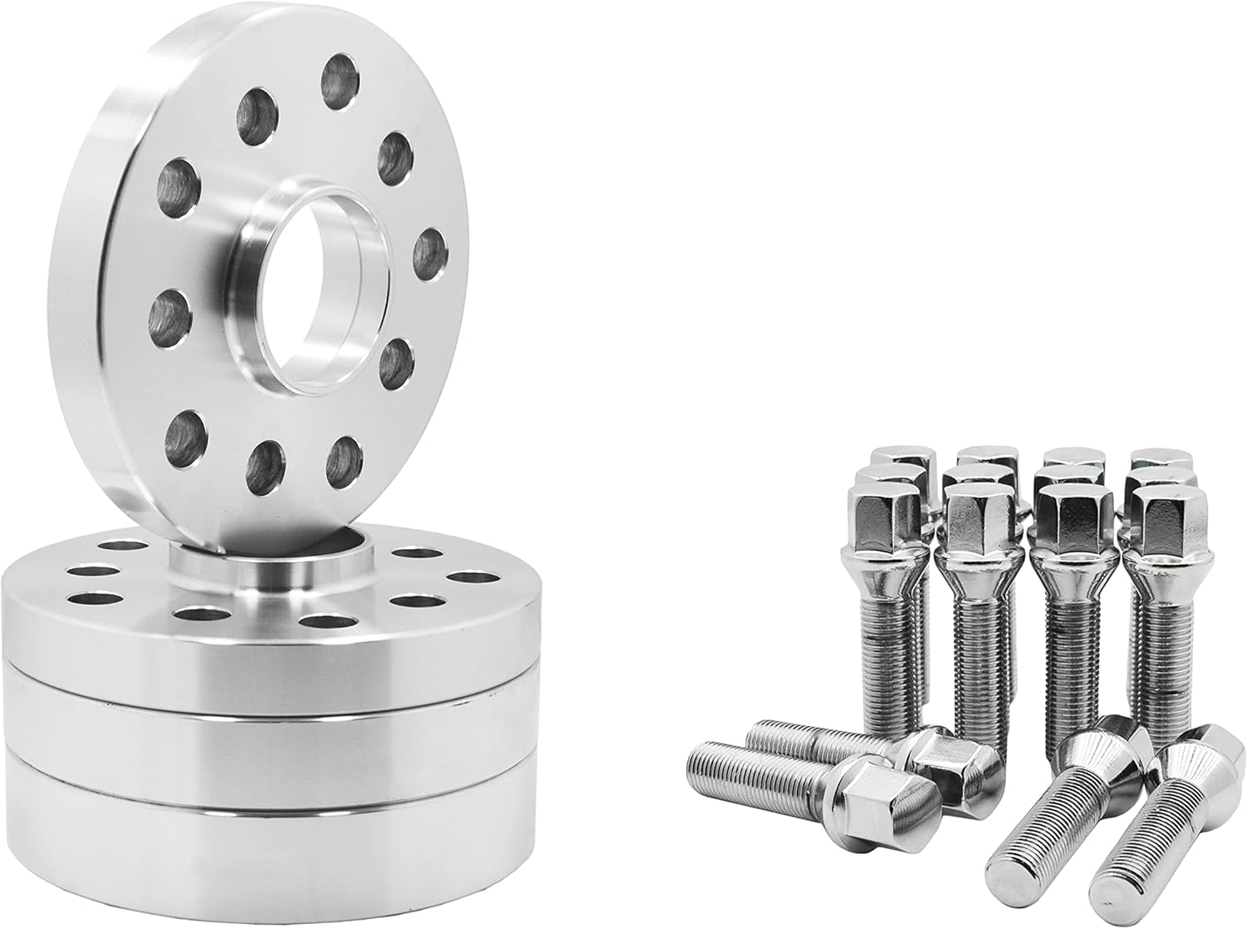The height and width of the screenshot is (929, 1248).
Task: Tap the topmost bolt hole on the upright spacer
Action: pos(341,82)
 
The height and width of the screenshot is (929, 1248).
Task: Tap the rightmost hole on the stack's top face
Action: pos(468,577)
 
